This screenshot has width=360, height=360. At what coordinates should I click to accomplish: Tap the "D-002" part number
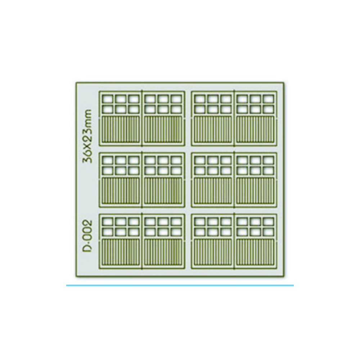coord(87,237)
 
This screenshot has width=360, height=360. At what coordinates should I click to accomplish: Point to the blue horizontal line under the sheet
coord(180,285)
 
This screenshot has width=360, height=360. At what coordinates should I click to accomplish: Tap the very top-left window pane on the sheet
coord(107,99)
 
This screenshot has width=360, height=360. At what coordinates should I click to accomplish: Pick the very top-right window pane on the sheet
coord(269,99)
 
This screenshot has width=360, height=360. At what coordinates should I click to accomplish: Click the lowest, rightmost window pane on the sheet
coord(269,232)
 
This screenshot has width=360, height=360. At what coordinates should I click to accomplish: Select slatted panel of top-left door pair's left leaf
coord(121,130)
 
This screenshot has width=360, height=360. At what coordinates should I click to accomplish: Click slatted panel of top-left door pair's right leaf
coord(163,130)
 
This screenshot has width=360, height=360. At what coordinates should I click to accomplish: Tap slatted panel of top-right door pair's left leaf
coord(213,130)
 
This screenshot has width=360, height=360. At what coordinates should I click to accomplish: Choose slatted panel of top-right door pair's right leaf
coord(255,130)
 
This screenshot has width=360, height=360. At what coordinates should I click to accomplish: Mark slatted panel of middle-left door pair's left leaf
coord(121,191)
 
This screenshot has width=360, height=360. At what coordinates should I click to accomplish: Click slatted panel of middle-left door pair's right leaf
coord(163,191)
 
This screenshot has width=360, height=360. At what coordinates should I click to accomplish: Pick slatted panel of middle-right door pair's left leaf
coord(213,191)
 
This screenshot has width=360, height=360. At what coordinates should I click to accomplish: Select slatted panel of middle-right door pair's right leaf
coord(255,191)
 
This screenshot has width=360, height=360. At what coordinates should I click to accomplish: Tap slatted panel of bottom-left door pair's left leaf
coord(121,252)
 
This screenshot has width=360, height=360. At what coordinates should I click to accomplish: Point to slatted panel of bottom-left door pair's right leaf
coord(163,252)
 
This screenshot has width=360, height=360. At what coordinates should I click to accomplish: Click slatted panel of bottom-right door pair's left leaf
coord(213,252)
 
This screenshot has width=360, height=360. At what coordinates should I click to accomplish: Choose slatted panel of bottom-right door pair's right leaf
coord(255,252)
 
